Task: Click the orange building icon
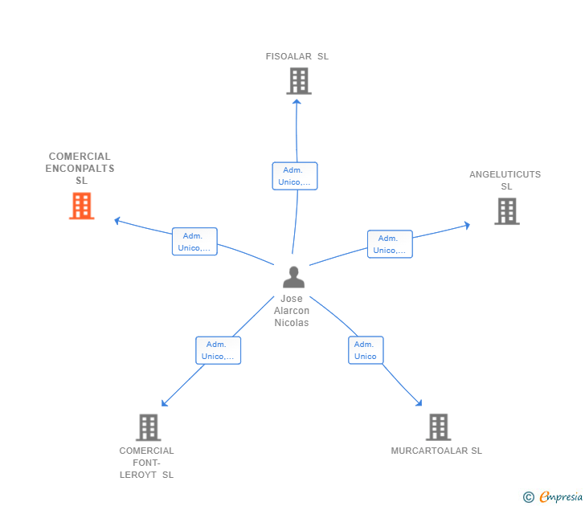coord(82,206)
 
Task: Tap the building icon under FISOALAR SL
coord(299,81)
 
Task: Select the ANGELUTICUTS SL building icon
coord(507,211)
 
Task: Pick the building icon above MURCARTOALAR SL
coord(439,427)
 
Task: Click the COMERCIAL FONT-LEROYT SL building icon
coord(149,427)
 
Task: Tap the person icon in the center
coord(293,277)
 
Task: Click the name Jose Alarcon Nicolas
coord(292,311)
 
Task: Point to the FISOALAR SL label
coord(297,56)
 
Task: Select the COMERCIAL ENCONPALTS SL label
coord(80,168)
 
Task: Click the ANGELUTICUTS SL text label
coord(505,180)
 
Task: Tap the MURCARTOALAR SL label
coord(436,451)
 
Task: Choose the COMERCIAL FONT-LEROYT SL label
coord(146,463)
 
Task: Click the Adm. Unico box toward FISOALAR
coord(295,176)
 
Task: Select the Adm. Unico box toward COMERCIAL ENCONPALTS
coord(194,242)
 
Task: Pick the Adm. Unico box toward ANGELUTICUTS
coord(390,244)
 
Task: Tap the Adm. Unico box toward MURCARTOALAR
coord(366,350)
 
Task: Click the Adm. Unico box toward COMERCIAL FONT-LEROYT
coord(219,350)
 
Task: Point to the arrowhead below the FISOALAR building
coord(297,102)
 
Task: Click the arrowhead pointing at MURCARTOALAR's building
coord(419,402)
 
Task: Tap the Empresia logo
coord(553,496)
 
